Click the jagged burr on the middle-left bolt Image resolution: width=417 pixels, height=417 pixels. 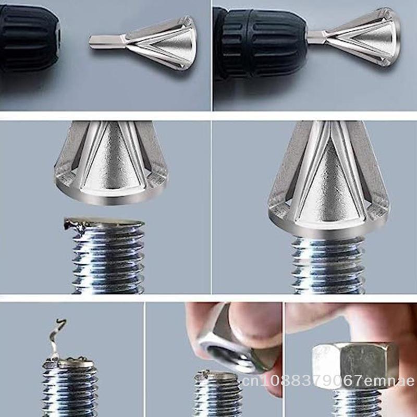[x=76, y=226]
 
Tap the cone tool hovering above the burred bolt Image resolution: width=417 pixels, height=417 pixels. [x=111, y=163]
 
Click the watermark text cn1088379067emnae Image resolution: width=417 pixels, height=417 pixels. [x=329, y=381]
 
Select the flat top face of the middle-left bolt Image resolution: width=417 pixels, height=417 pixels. [x=106, y=221]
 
